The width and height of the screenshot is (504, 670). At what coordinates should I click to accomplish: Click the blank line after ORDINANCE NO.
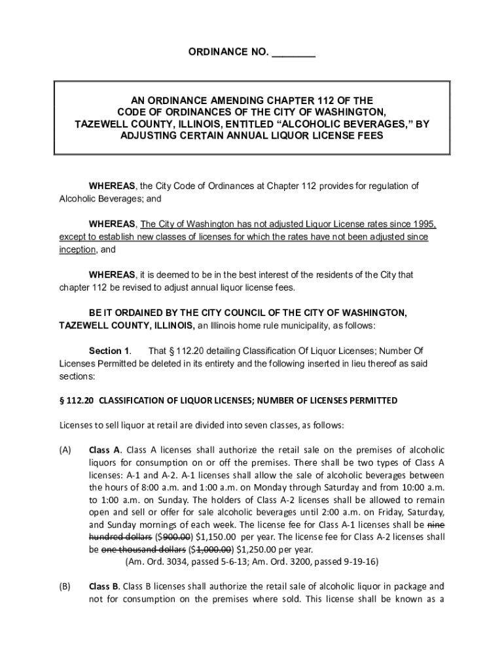(293, 53)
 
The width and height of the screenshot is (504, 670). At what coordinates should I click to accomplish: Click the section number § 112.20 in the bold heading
(77, 400)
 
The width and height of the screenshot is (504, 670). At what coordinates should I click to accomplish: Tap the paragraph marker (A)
(65, 450)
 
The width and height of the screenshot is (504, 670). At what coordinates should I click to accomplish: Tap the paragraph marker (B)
(65, 586)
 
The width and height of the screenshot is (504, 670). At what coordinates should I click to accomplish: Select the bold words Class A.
(105, 450)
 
